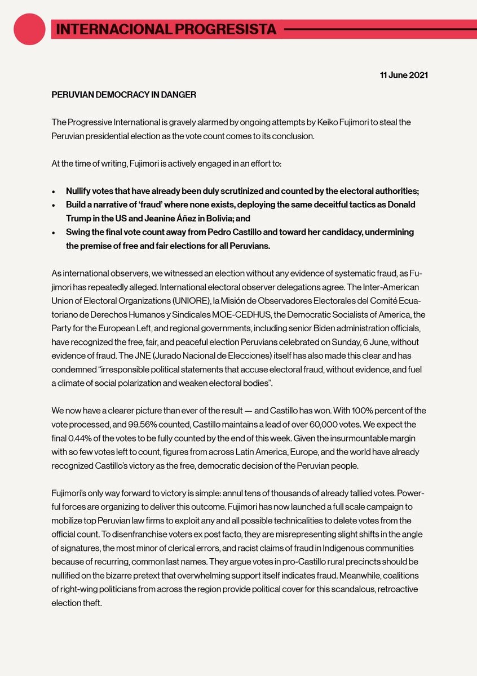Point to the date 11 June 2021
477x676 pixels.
(x=403, y=75)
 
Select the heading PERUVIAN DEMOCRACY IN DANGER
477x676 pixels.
(x=124, y=95)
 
